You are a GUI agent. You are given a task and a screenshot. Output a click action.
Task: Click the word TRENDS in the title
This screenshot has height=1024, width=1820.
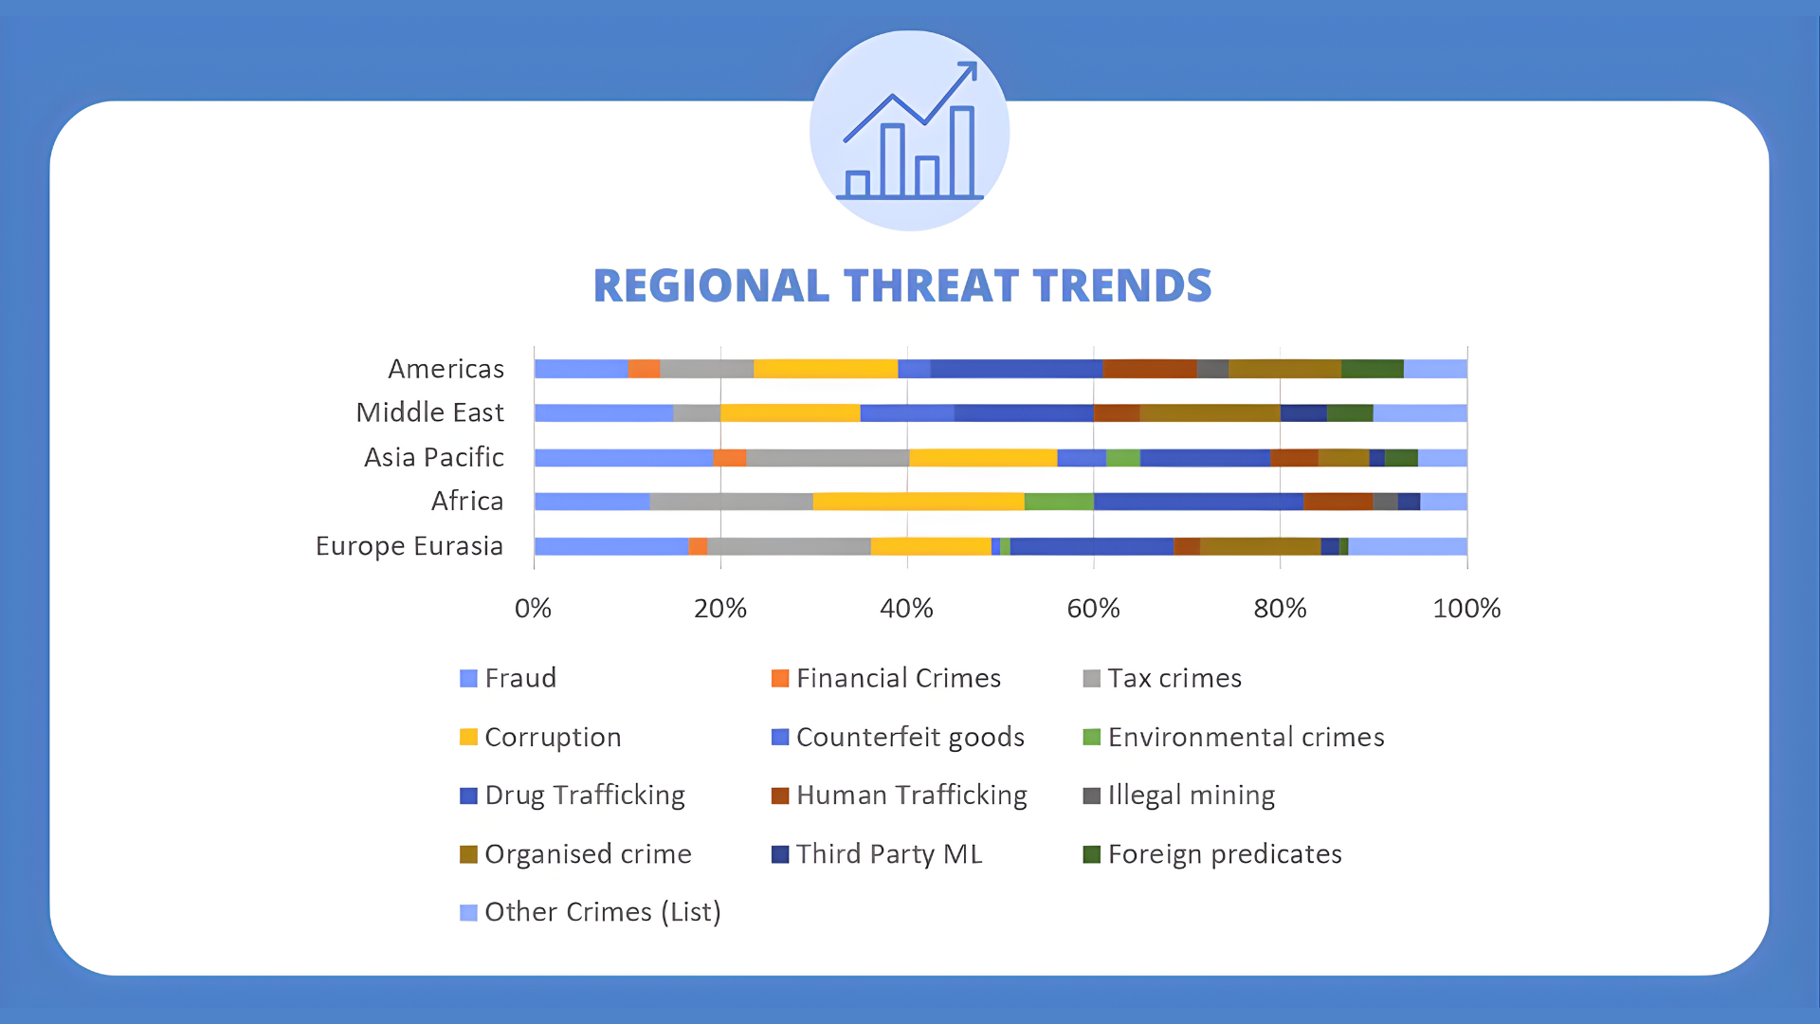1121,285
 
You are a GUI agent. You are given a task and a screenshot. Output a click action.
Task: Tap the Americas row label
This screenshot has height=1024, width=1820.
446,369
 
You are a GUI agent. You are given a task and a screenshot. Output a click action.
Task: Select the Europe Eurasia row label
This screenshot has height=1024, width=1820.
409,546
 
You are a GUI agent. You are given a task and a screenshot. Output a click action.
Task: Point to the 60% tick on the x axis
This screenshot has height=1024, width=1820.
1093,609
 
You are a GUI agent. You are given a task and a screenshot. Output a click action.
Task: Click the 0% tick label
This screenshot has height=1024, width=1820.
533,609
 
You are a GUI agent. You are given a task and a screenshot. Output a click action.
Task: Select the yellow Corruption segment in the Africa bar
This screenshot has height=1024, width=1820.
918,502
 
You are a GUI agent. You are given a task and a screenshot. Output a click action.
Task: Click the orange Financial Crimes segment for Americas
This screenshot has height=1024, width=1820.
644,369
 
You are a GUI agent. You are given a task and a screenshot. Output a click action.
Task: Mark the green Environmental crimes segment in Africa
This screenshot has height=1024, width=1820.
1059,502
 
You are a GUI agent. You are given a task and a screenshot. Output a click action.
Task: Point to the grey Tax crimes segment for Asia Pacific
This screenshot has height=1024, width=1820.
828,458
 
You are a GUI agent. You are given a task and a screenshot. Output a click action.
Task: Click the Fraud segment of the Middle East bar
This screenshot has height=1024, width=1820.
603,412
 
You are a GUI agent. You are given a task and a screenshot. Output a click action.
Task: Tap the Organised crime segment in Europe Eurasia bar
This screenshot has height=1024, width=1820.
1260,546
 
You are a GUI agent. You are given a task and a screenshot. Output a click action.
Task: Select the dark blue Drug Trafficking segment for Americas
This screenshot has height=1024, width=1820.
1016,369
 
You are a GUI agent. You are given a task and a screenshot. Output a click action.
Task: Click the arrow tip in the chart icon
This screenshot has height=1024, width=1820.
974,65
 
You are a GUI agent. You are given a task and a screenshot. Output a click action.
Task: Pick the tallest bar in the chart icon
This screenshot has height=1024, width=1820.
962,152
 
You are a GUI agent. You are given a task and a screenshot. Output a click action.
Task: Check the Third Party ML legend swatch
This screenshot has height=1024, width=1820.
780,854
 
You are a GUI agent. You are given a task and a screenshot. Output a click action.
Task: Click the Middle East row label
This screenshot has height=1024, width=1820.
429,412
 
